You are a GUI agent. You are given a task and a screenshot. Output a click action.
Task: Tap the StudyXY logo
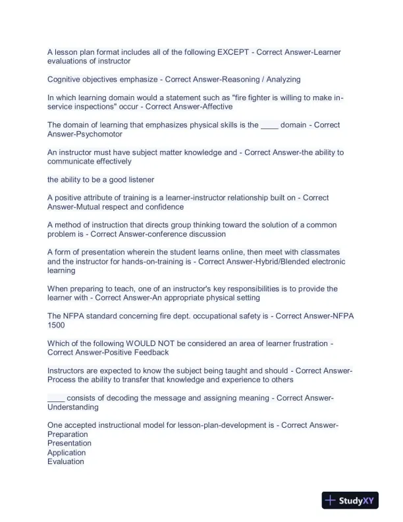pyautogui.click(x=348, y=502)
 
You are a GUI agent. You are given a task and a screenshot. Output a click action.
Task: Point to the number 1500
pyautogui.click(x=56, y=325)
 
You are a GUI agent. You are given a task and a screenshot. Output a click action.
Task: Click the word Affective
pyautogui.click(x=215, y=107)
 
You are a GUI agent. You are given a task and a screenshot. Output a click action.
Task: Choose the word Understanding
pyautogui.click(x=73, y=407)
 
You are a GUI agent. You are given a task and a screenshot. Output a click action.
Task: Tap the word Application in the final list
pyautogui.click(x=67, y=453)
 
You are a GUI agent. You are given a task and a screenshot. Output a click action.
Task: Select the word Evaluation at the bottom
pyautogui.click(x=66, y=462)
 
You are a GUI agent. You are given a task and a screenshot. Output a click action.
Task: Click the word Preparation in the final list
pyautogui.click(x=68, y=434)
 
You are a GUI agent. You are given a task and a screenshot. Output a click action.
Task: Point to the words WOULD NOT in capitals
pyautogui.click(x=151, y=343)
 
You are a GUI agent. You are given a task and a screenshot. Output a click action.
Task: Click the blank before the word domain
pyautogui.click(x=269, y=125)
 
